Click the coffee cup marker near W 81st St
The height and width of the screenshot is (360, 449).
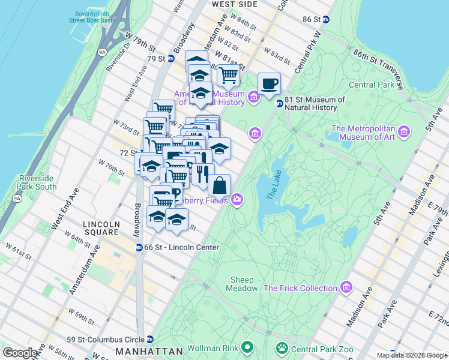[x=269, y=84]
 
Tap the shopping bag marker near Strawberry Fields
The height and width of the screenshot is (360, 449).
[x=220, y=186]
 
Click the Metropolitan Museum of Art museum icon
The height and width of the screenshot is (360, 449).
[x=403, y=131]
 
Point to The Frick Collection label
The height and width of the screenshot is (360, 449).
[x=300, y=288]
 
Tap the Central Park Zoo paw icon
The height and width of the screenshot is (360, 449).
[x=281, y=347]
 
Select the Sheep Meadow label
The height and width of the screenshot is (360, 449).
[x=241, y=284]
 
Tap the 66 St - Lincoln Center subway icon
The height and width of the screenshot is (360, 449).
[x=139, y=247]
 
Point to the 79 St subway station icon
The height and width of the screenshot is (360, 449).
[x=170, y=59]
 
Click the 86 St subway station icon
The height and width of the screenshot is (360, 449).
[x=326, y=19]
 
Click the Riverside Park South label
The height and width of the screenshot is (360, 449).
[x=37, y=182]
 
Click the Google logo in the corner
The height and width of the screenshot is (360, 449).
[x=20, y=353]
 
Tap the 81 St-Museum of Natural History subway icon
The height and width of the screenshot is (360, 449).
[x=279, y=104]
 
